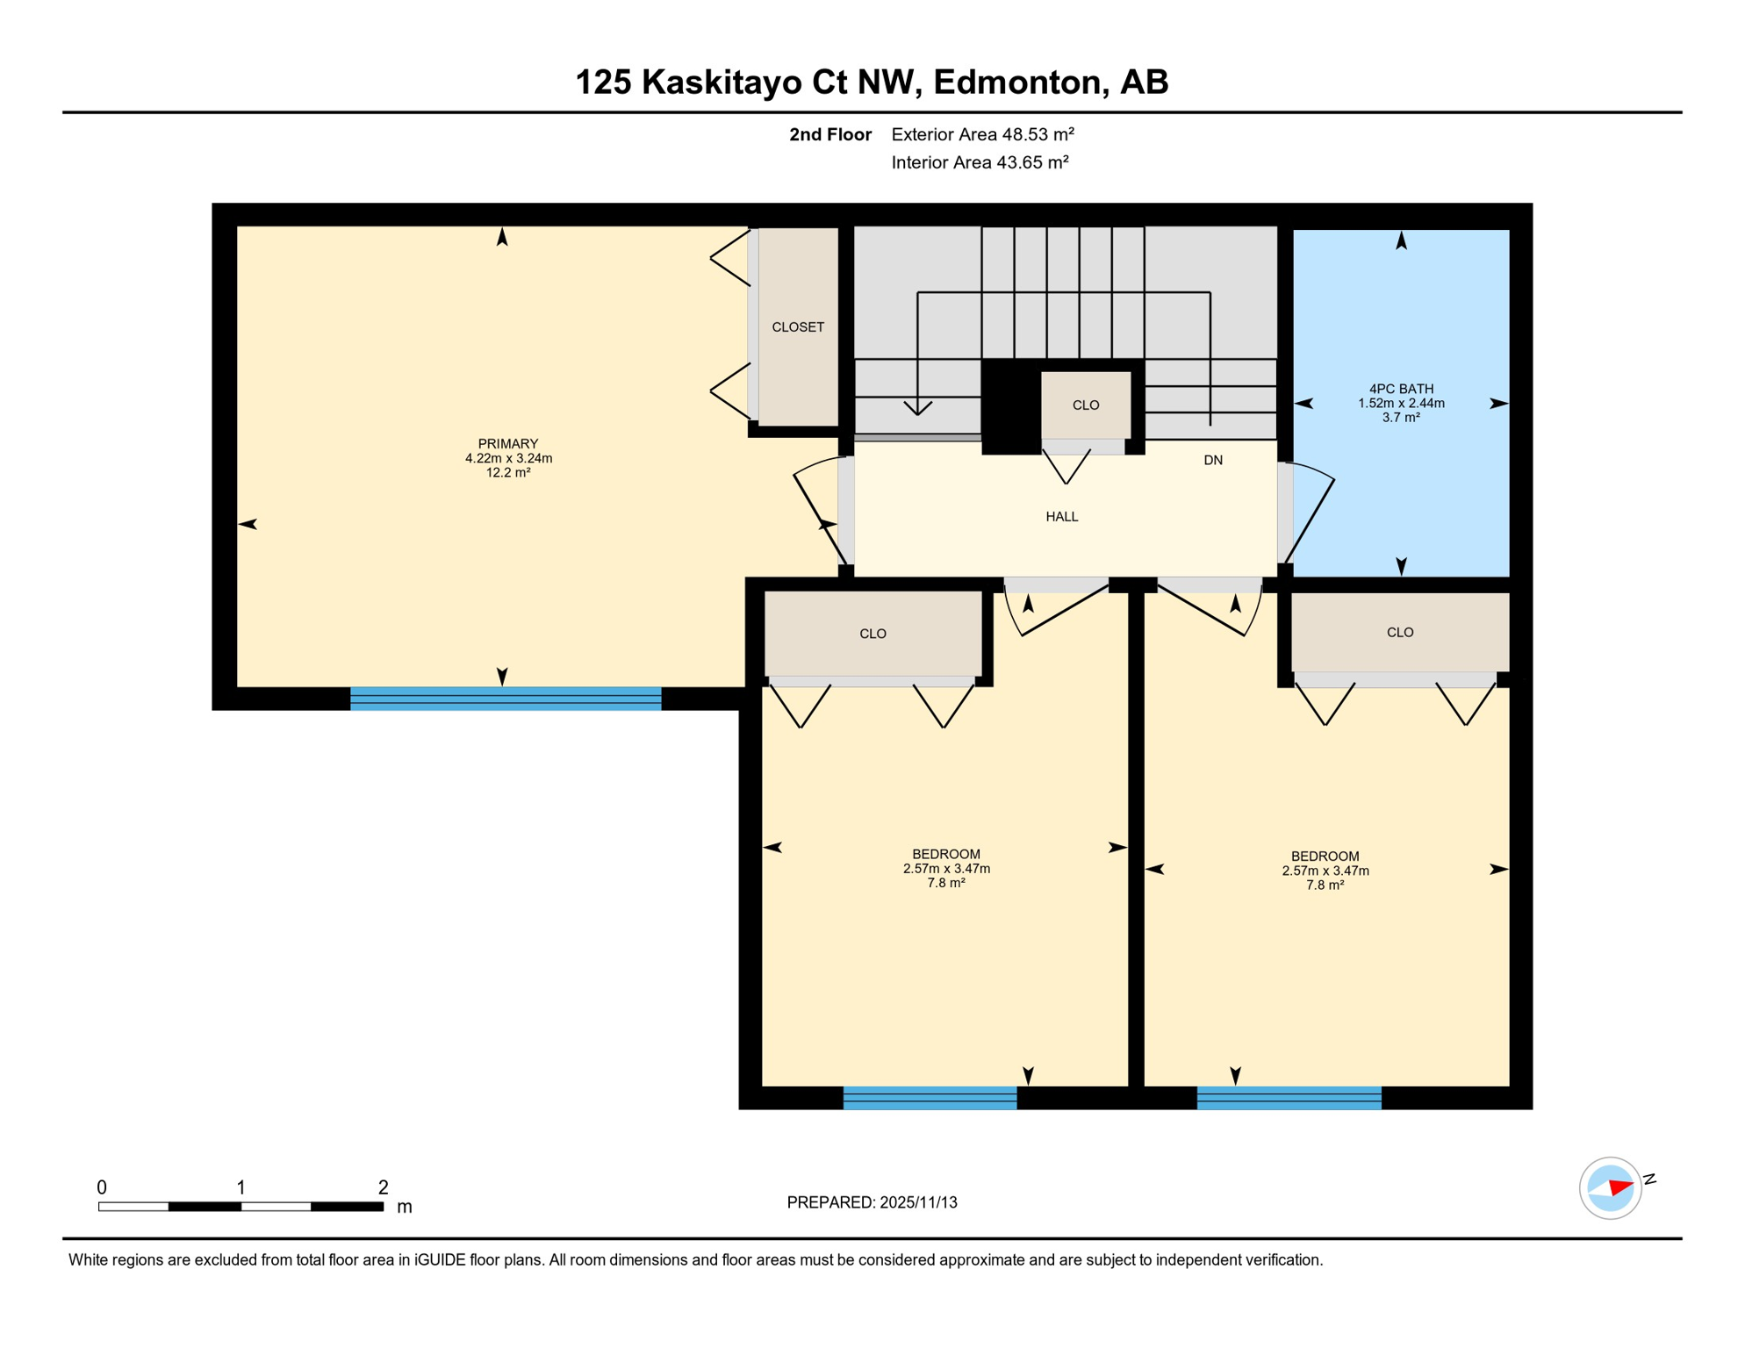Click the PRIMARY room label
507,443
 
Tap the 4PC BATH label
1401,389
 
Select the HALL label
1061,517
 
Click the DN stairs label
1212,460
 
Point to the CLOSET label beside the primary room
797,327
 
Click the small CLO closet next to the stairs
1085,405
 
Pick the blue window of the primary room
505,699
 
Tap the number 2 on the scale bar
383,1187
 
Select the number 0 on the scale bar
102,1187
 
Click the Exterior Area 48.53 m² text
982,134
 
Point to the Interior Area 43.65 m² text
980,162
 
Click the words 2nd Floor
829,134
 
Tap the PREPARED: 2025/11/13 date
872,1202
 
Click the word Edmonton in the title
1017,82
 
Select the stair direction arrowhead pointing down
917,408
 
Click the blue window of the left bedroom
930,1098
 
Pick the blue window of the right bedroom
1289,1098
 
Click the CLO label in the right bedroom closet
1399,632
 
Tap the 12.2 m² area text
507,473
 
